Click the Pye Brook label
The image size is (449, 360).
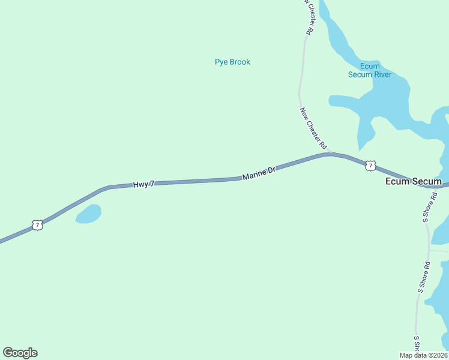(x=232, y=62)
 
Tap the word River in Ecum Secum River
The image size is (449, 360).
(x=382, y=74)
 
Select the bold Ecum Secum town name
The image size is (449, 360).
(x=414, y=181)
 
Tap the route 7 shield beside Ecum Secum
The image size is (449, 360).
(x=370, y=165)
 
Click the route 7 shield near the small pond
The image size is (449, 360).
(x=38, y=225)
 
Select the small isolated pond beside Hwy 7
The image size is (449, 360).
(x=88, y=214)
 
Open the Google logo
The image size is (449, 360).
(x=20, y=353)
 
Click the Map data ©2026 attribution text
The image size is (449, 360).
(x=424, y=355)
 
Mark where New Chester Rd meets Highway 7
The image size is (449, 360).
(x=330, y=154)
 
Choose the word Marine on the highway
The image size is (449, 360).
(x=253, y=175)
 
